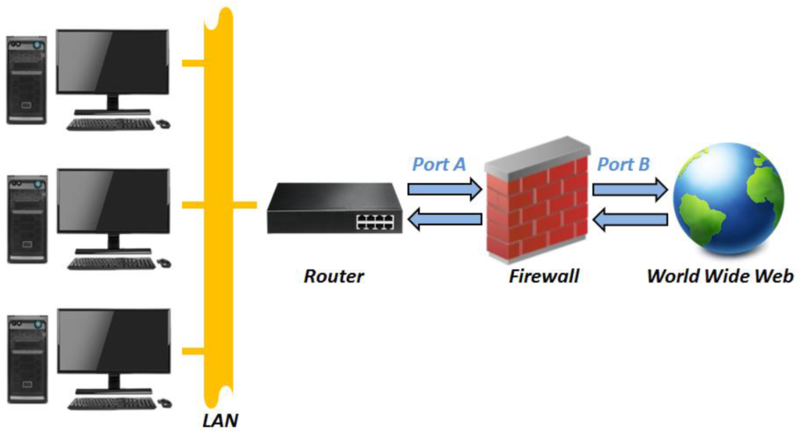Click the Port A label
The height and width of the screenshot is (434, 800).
pyautogui.click(x=438, y=165)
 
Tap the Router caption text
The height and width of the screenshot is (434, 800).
pyautogui.click(x=334, y=276)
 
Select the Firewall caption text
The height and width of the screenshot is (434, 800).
pyautogui.click(x=544, y=276)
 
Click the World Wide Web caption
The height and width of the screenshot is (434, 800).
pyautogui.click(x=720, y=276)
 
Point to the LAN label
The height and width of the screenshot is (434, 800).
pyautogui.click(x=220, y=421)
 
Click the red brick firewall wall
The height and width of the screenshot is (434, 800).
pyautogui.click(x=536, y=206)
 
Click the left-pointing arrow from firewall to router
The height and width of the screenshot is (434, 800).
pyautogui.click(x=445, y=221)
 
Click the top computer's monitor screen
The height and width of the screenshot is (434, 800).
pyautogui.click(x=112, y=62)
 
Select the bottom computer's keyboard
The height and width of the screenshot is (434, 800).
pyautogui.click(x=111, y=404)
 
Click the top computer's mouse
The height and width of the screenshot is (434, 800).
pyautogui.click(x=163, y=123)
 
